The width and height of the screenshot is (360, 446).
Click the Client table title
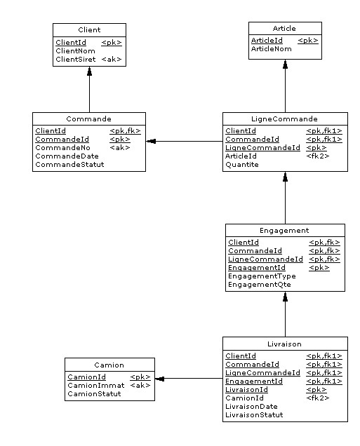tap(89, 30)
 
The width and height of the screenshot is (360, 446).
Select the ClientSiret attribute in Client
tap(75, 59)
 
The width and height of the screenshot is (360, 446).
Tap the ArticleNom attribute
tap(271, 48)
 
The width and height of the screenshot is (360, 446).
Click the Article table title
tap(284, 29)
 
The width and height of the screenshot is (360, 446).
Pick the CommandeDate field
tap(67, 156)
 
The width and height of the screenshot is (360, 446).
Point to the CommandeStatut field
tap(69, 164)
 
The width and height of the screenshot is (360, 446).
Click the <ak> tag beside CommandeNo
tap(120, 148)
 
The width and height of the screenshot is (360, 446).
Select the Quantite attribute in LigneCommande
tap(242, 164)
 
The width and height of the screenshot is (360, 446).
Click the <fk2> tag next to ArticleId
tap(318, 156)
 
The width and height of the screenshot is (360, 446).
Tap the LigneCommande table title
tap(284, 119)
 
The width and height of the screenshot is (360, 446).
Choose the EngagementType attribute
tap(262, 276)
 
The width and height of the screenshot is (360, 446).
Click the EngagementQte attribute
tap(259, 285)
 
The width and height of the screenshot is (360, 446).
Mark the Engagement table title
tap(284, 231)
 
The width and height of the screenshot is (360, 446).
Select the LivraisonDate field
tap(251, 407)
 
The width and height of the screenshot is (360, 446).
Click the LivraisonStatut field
tap(254, 414)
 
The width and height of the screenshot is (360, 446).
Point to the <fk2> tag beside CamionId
tap(318, 398)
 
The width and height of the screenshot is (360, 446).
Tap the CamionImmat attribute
tap(96, 386)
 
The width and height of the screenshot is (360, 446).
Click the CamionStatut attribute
tap(94, 394)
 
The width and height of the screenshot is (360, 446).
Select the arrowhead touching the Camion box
tap(159, 379)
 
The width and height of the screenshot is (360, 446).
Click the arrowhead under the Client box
tap(89, 71)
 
